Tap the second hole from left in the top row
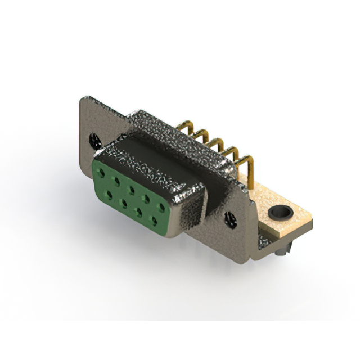[x=117, y=179]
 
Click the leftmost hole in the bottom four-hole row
[x=109, y=193]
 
